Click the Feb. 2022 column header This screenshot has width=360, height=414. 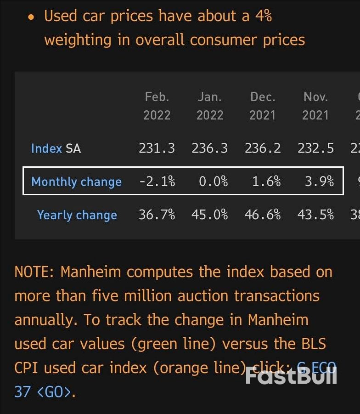tap(157, 106)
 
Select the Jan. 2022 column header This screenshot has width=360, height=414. tap(210, 106)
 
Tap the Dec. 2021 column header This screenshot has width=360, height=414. tap(263, 106)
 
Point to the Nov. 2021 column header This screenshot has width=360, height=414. tap(315, 106)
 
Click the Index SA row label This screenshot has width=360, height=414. tap(56, 148)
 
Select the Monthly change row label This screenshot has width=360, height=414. tap(76, 181)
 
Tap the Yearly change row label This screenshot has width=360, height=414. tap(77, 215)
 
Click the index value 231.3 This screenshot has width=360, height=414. tap(157, 148)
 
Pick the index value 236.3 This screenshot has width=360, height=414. tap(210, 148)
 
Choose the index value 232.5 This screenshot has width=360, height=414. tap(315, 148)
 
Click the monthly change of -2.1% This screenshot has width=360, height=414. tap(157, 181)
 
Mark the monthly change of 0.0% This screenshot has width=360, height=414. tap(213, 181)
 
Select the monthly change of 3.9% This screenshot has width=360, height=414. tap(319, 181)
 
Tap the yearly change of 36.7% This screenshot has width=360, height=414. tap(157, 215)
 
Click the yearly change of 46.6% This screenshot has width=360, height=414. tap(263, 215)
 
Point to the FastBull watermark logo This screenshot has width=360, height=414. tap(291, 376)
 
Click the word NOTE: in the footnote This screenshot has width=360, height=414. tap(34, 272)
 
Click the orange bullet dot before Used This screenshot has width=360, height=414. tap(31, 17)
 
